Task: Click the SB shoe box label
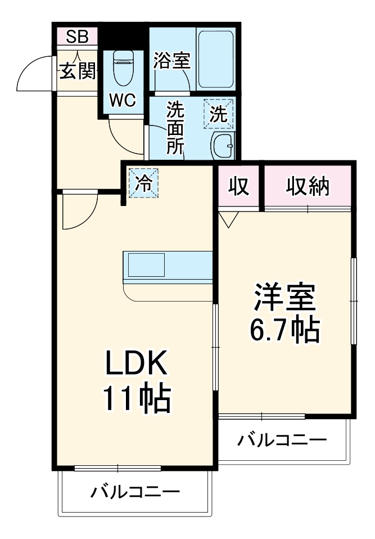[77, 37]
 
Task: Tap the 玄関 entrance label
[77, 71]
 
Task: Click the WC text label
[122, 100]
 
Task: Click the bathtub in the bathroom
[215, 58]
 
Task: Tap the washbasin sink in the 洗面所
[223, 147]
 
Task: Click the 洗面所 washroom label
[175, 128]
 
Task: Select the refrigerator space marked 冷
[144, 183]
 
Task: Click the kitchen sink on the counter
[146, 264]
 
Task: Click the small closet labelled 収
[239, 186]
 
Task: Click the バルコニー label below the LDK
[135, 493]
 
